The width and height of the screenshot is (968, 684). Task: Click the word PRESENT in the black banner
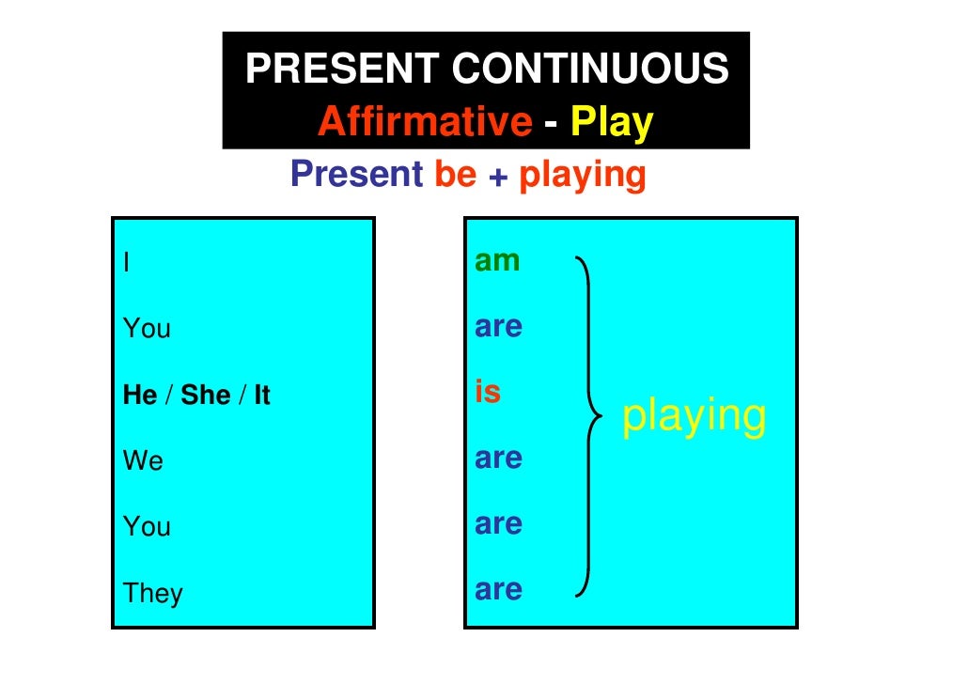342,70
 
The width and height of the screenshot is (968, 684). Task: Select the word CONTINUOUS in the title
590,70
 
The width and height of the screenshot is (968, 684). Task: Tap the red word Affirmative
425,122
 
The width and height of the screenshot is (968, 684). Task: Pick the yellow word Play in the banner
612,123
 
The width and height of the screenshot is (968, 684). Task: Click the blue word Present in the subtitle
357,174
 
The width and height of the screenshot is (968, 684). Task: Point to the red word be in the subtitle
456,174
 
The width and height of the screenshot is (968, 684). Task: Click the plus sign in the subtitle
498,176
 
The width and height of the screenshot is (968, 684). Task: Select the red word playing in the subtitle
583,176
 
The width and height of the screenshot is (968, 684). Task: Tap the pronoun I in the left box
126,262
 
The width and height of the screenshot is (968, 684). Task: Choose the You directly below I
147,329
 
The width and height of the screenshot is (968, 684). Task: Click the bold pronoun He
140,396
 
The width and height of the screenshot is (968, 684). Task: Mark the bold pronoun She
206,396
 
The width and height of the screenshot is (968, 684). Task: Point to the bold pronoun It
261,396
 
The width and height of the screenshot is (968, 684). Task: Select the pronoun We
143,461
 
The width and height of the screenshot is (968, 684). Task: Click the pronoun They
152,594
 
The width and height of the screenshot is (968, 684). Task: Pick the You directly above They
147,527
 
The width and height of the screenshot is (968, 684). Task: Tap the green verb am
497,261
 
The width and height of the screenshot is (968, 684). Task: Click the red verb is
488,392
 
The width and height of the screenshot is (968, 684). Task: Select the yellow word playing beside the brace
695,416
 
